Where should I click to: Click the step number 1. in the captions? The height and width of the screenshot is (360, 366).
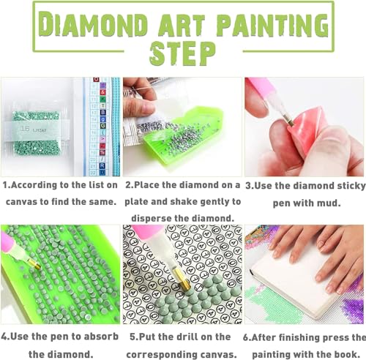click(6, 186)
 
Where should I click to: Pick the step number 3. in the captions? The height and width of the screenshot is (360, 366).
click(250, 186)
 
